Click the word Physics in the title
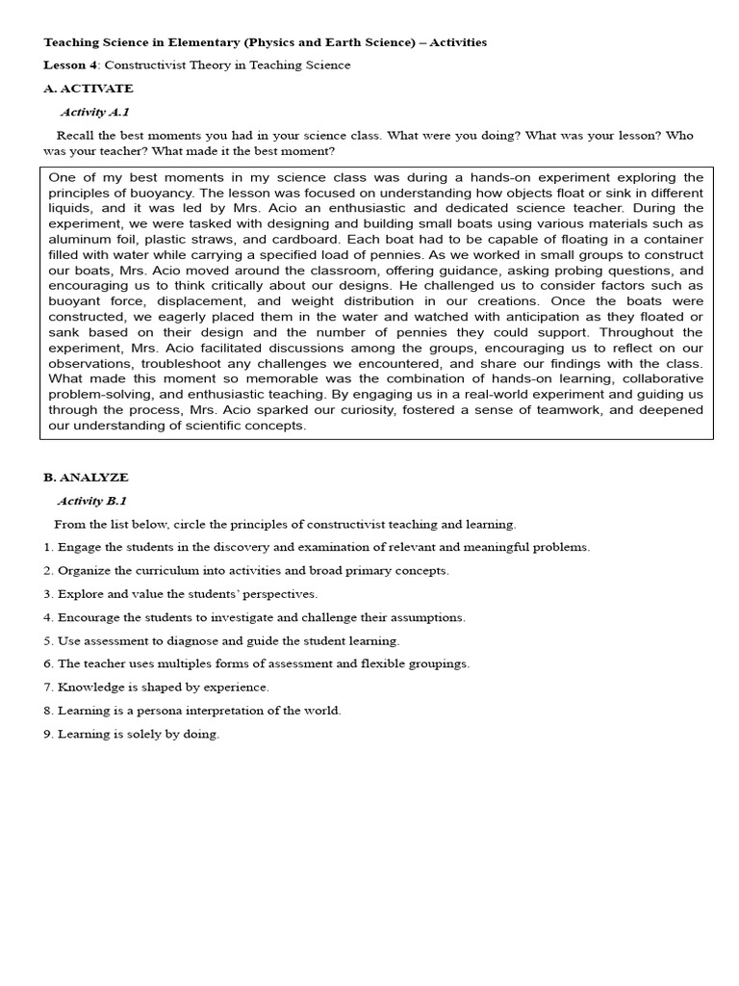(272, 42)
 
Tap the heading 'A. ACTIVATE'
(89, 89)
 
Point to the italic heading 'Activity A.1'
(94, 113)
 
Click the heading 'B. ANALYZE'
(86, 478)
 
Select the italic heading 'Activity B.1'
(92, 501)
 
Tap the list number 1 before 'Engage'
(47, 548)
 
